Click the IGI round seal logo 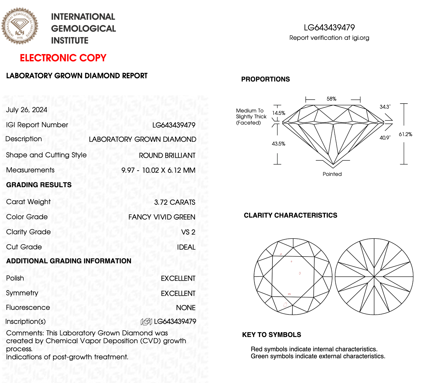click(20, 26)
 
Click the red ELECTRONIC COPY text click(63, 58)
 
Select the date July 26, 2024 click(27, 110)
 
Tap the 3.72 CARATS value click(175, 202)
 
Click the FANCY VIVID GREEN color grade click(162, 217)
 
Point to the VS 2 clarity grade click(188, 232)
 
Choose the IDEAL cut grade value click(186, 247)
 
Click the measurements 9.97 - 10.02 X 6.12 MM click(158, 170)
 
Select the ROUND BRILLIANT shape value click(167, 155)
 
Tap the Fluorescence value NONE click(186, 308)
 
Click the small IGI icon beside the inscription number click(146, 322)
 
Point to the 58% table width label click(331, 99)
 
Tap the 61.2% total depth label click(405, 134)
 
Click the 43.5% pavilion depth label click(278, 144)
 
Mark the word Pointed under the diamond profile click(332, 174)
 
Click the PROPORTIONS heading click(265, 79)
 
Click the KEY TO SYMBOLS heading click(272, 335)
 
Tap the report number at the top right click(329, 27)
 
